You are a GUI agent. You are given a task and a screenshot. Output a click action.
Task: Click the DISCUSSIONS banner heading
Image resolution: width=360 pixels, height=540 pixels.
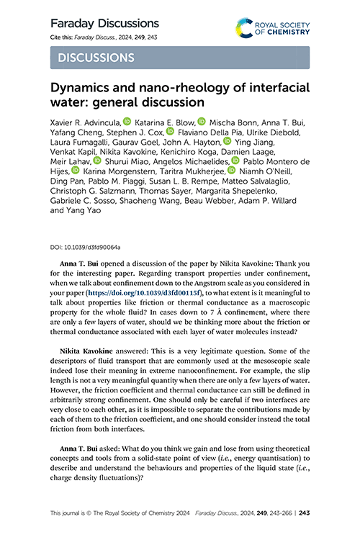(x=96, y=57)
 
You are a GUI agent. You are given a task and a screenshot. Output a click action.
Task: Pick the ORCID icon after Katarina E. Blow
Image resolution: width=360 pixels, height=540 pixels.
(x=202, y=122)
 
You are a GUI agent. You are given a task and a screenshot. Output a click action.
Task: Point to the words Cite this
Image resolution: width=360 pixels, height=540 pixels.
(x=64, y=37)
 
